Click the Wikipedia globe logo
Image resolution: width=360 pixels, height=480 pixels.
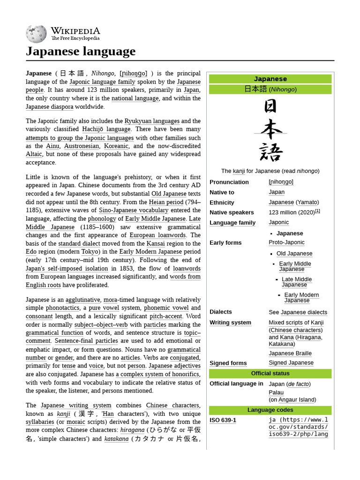[37, 34]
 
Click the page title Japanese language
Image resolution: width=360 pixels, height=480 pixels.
[81, 51]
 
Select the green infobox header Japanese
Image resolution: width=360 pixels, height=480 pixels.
[270, 79]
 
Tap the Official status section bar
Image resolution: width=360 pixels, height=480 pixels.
[270, 374]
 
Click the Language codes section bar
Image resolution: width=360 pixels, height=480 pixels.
[270, 410]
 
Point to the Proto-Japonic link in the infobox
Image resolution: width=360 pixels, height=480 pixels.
[286, 242]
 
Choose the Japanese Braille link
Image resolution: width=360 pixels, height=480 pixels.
[290, 353]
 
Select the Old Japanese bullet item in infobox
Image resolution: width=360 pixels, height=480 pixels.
[294, 254]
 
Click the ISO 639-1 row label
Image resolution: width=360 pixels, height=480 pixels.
[223, 420]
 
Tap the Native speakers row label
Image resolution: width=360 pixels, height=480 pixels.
[232, 212]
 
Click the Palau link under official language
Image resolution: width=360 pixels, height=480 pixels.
[276, 392]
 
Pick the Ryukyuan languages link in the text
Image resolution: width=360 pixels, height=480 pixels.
[152, 121]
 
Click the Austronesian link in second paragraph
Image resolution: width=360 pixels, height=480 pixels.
[82, 146]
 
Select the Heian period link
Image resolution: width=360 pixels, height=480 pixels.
[166, 202]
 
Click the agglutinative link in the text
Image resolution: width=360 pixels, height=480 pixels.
[82, 300]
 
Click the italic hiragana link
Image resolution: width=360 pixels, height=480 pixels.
[132, 430]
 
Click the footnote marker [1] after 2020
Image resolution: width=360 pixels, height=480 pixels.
[317, 211]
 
